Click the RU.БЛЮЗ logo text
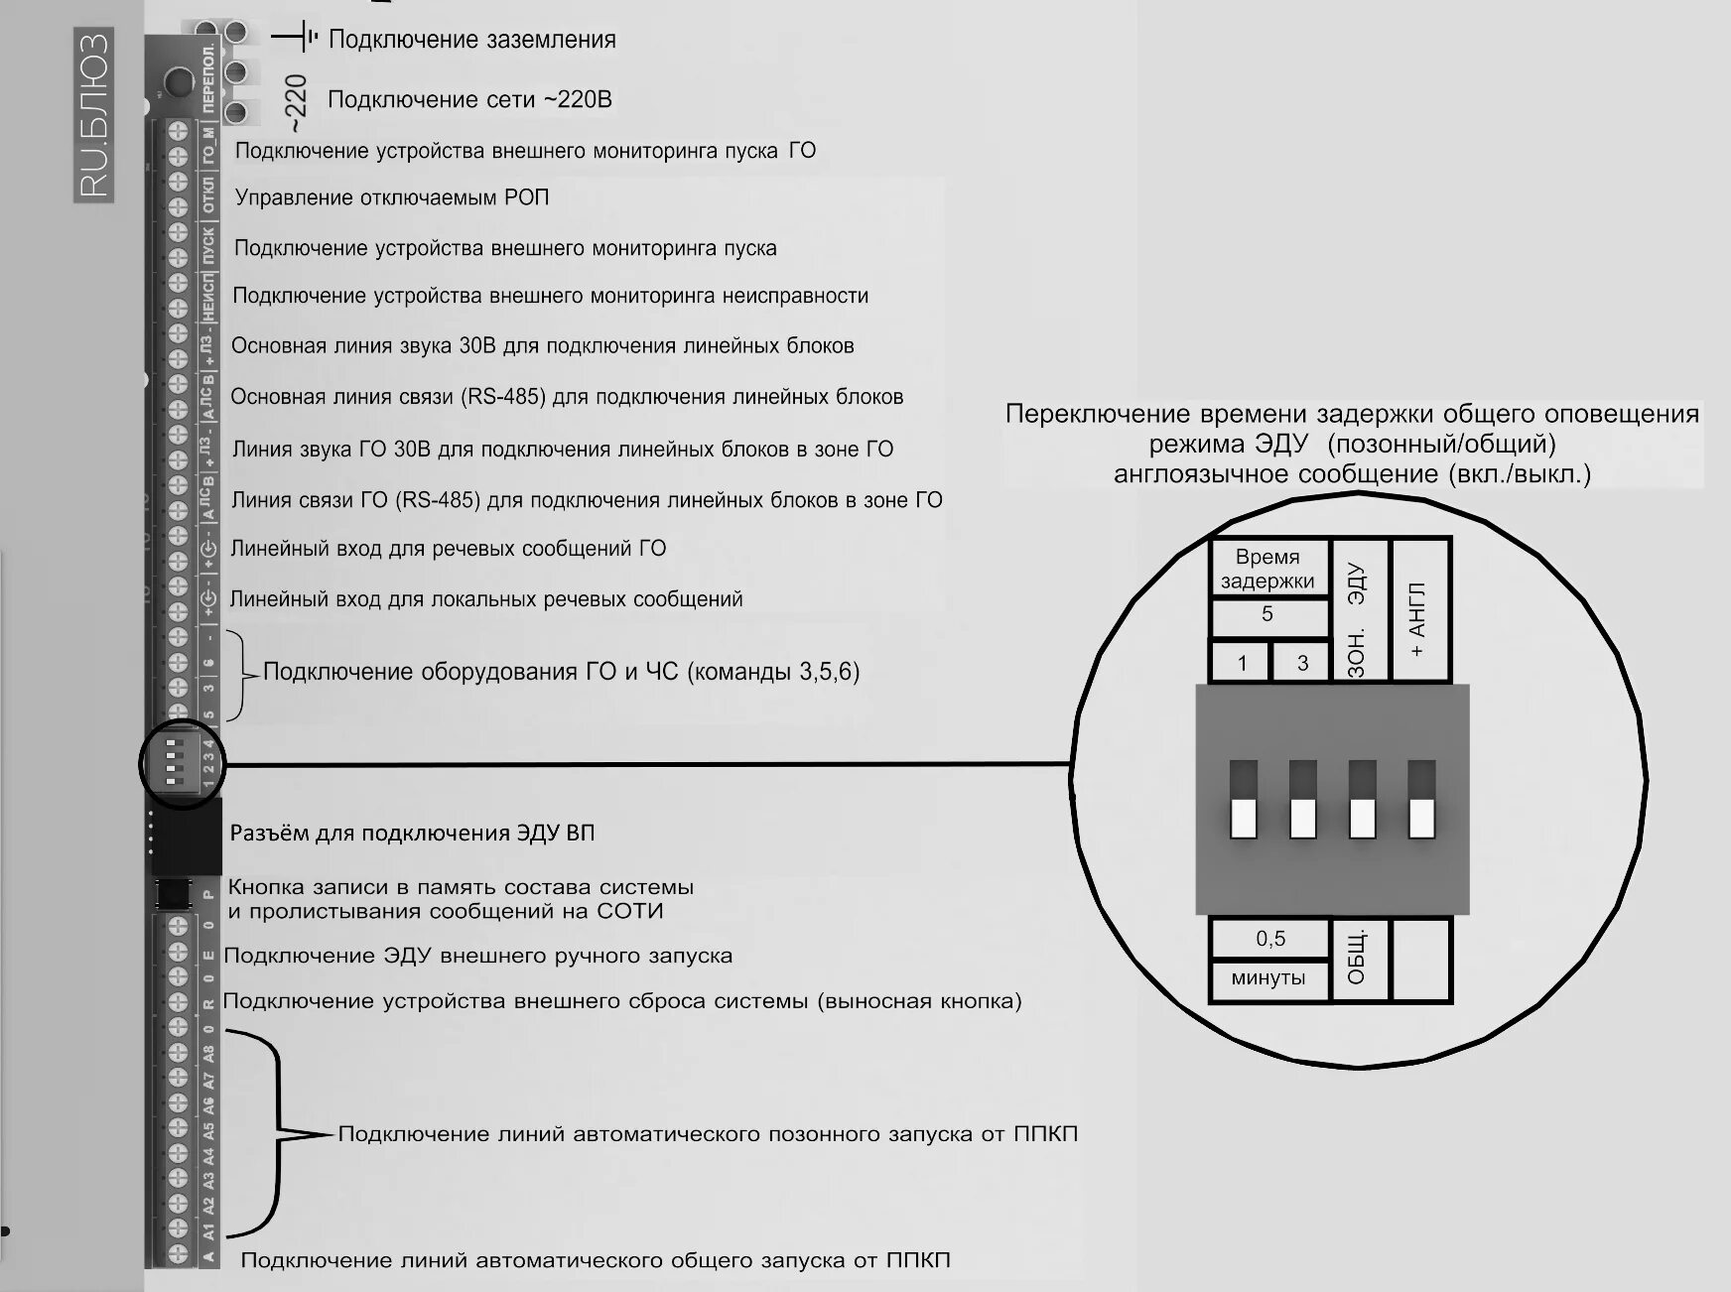coord(93,115)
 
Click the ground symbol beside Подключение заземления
coord(297,39)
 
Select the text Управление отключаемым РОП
coord(391,197)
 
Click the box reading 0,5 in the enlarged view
coord(1269,939)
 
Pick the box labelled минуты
coord(1268,978)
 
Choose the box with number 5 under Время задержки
coord(1267,615)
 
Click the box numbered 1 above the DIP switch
coord(1241,662)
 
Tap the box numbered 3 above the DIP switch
coord(1301,662)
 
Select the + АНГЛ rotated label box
coord(1420,609)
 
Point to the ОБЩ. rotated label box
coord(1359,959)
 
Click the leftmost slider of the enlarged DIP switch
coord(1244,801)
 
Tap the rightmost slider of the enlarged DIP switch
coord(1422,801)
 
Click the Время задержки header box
coord(1267,569)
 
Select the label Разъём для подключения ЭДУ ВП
coord(412,834)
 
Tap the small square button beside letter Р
coord(175,894)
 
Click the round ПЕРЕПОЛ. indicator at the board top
coord(179,79)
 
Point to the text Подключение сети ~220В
coord(469,100)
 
